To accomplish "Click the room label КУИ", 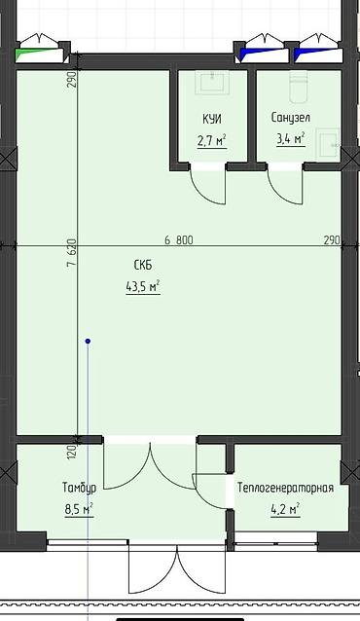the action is pos(212,119).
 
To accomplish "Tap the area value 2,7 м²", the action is pos(212,140).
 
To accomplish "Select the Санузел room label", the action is pos(291,118).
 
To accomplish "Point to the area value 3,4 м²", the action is pos(290,138).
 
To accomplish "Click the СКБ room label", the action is pos(143,265).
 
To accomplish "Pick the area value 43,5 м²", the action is pos(143,287).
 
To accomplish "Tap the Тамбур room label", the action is pos(79,488).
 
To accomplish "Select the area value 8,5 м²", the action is pos(79,509).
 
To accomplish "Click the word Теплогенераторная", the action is pos(285,488).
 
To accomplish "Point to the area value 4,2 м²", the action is pos(285,509).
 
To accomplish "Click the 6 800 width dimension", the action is pos(179,240).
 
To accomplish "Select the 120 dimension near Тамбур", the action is pos(72,453).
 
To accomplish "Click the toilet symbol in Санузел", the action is pos(299,87).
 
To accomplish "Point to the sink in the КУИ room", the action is pos(213,83).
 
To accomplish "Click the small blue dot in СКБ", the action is pos(88,341).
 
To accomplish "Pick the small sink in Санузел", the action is pos(328,145).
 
